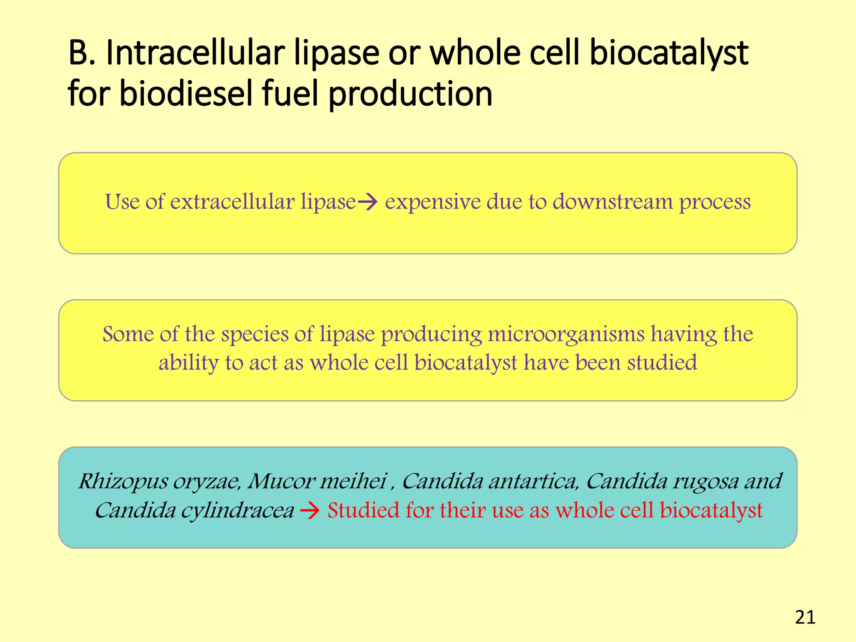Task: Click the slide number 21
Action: (805, 617)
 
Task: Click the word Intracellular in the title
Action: (195, 53)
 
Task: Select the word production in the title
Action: (410, 94)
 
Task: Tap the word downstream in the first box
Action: (612, 202)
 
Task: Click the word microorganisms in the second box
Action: (566, 334)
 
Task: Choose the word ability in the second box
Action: (189, 363)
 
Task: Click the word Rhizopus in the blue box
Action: (123, 481)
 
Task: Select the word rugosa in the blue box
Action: (705, 481)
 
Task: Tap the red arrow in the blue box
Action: (310, 511)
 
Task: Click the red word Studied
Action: (363, 510)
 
